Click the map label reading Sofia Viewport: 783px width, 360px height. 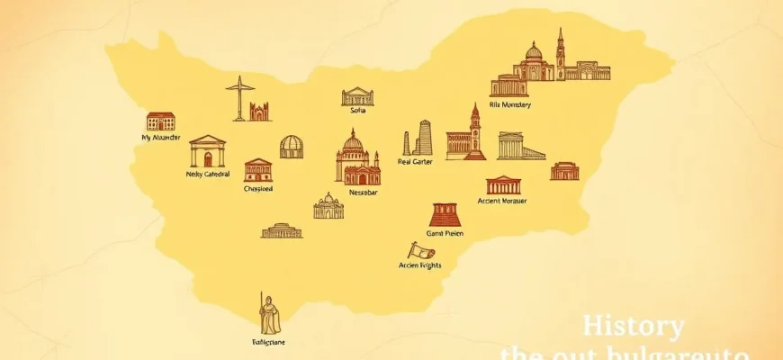point(357,111)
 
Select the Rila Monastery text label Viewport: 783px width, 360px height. point(509,104)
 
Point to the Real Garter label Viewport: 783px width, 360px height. point(416,163)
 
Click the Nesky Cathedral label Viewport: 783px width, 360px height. point(208,174)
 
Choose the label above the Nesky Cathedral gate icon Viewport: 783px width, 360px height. point(161,138)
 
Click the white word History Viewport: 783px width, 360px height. point(633,326)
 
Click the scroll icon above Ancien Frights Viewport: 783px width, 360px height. point(418,250)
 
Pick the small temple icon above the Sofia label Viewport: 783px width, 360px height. point(357,95)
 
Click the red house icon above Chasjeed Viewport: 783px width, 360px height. point(257,170)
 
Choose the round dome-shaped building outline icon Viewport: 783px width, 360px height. point(292,147)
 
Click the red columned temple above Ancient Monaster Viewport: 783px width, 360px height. point(503,184)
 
